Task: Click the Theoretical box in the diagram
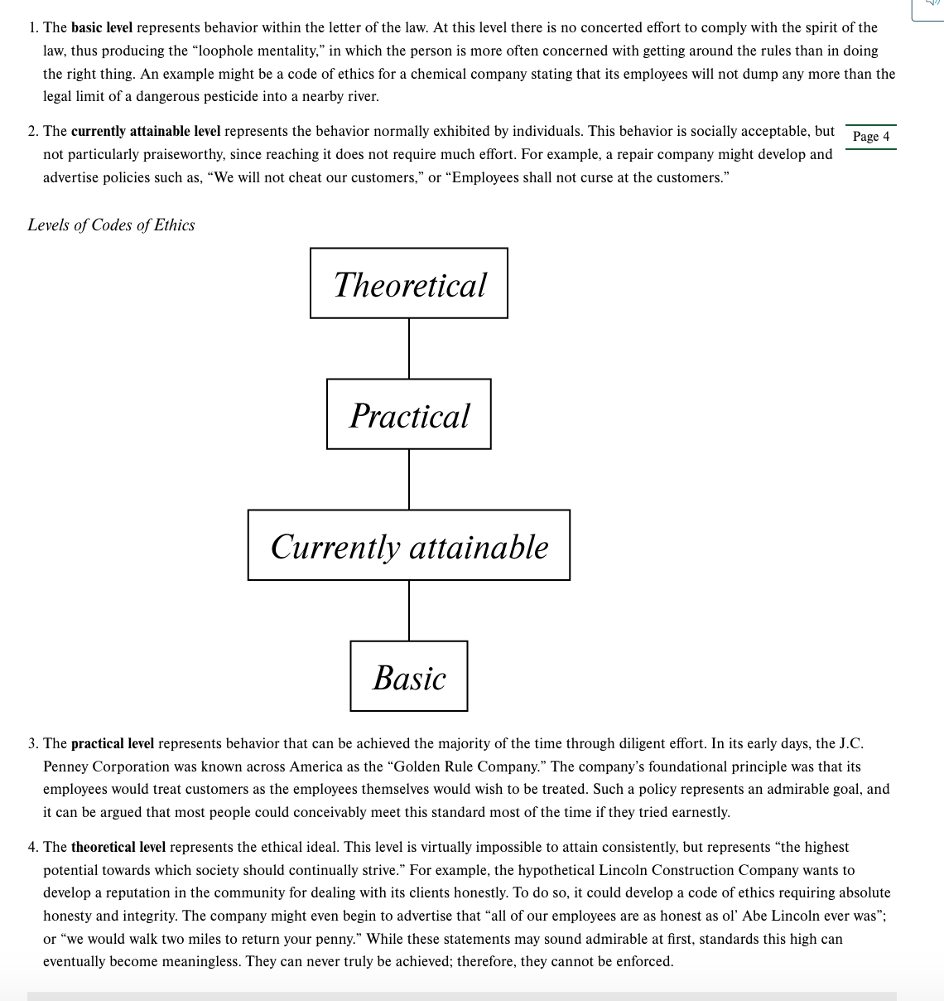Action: (409, 283)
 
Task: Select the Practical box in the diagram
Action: (409, 414)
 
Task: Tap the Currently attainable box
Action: (409, 545)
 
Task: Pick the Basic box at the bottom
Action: (409, 676)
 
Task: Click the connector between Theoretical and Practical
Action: (409, 348)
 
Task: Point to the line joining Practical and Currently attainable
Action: (409, 479)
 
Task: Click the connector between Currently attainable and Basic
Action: (409, 610)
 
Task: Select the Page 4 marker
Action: (870, 137)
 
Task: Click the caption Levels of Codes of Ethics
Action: (111, 225)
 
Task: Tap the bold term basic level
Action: (102, 27)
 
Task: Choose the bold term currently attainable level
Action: (146, 131)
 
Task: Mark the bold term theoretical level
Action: (118, 847)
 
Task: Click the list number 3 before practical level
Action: (32, 743)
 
